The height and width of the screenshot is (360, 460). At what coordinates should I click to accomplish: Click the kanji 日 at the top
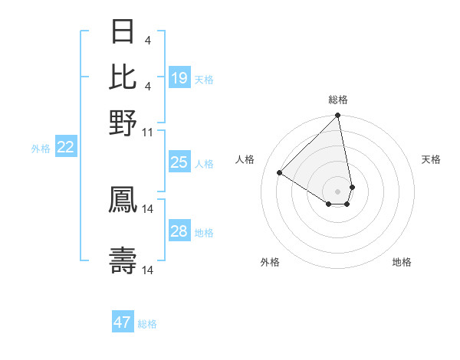[124, 33]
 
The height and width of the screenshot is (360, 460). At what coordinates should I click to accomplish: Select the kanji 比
[124, 77]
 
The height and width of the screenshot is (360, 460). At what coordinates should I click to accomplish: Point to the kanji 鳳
[124, 199]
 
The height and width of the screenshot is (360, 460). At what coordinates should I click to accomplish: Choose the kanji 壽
[124, 260]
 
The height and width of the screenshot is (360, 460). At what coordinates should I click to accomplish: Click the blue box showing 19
[179, 78]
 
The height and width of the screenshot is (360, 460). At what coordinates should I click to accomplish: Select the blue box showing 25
[179, 162]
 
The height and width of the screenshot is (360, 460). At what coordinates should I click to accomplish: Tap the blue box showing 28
[179, 231]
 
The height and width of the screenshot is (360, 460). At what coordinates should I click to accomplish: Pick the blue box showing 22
[65, 148]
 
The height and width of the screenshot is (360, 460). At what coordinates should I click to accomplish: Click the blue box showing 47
[123, 322]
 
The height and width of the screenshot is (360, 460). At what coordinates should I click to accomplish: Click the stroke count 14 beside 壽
[149, 270]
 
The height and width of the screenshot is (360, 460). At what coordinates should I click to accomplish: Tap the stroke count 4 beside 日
[147, 41]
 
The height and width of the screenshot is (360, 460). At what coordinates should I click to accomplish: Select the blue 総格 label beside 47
[147, 324]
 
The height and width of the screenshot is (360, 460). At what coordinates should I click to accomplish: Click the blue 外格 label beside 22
[41, 149]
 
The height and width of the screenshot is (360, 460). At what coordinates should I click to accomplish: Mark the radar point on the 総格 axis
[337, 116]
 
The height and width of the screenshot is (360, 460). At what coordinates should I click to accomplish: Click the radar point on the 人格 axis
[280, 173]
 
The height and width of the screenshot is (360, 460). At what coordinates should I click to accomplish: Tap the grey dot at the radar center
[337, 191]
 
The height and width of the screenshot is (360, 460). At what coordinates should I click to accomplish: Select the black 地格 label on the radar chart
[402, 262]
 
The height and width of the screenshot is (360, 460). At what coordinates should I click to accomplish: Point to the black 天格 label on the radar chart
[431, 159]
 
